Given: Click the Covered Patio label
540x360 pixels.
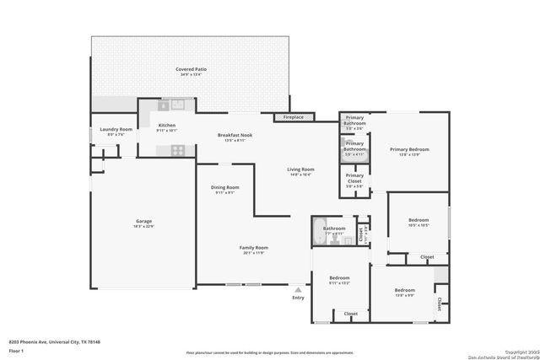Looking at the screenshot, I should pyautogui.click(x=191, y=69).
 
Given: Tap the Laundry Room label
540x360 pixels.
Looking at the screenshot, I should pyautogui.click(x=116, y=129).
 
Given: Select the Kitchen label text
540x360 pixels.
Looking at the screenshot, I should pyautogui.click(x=167, y=126).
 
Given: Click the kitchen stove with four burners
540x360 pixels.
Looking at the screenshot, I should pyautogui.click(x=178, y=150).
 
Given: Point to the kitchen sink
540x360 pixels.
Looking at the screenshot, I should pyautogui.click(x=177, y=105).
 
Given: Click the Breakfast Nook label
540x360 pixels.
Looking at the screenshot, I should pyautogui.click(x=235, y=135).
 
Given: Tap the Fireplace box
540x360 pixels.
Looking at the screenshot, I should pyautogui.click(x=293, y=117).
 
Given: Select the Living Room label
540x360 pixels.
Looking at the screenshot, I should pyautogui.click(x=301, y=169).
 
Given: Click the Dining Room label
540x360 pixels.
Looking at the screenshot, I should pyautogui.click(x=224, y=187).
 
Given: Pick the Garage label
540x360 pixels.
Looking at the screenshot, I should pyautogui.click(x=143, y=221).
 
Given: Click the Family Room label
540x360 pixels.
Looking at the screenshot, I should pyautogui.click(x=253, y=247).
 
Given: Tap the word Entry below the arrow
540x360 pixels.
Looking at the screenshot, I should pyautogui.click(x=298, y=298).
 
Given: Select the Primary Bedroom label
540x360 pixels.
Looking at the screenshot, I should pyautogui.click(x=404, y=149).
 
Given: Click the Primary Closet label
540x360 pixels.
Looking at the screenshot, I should pyautogui.click(x=354, y=176).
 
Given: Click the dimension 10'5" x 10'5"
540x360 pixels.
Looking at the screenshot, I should pyautogui.click(x=418, y=225).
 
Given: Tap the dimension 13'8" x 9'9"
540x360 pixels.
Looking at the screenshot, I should pyautogui.click(x=404, y=295).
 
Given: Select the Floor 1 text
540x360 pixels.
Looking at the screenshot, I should pyautogui.click(x=16, y=350).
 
